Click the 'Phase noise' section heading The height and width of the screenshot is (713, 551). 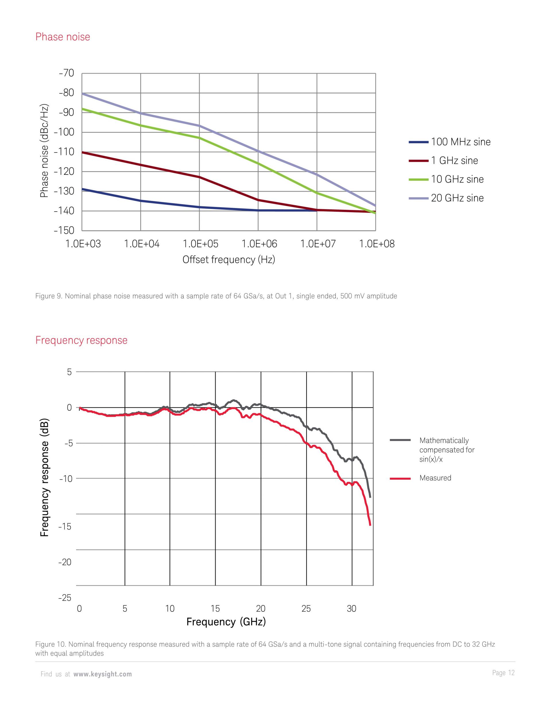click(62, 37)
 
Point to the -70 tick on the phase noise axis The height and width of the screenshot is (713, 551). click(67, 73)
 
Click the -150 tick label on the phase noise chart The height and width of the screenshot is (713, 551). click(64, 230)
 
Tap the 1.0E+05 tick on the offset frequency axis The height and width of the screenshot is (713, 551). click(200, 244)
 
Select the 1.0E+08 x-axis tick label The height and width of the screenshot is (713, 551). click(377, 244)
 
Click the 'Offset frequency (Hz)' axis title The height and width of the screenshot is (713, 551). click(228, 260)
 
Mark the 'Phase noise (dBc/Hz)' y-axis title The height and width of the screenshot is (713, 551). click(44, 151)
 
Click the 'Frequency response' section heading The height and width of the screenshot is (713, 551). click(81, 340)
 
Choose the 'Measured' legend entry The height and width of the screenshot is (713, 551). click(435, 478)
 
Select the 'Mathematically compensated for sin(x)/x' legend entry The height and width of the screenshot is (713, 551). click(447, 450)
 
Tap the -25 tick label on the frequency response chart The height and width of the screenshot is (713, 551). click(65, 598)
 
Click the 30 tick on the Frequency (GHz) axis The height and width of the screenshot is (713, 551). click(352, 609)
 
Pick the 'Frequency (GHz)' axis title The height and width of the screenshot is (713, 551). click(226, 622)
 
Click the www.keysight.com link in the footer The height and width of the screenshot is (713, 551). click(102, 674)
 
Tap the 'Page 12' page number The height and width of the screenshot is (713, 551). click(503, 673)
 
